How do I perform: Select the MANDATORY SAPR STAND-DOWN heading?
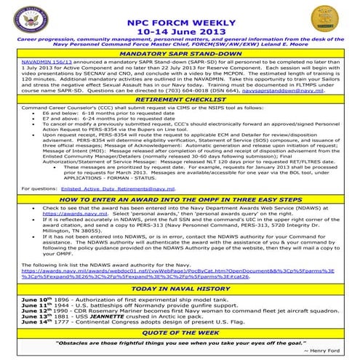(x=180, y=54)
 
